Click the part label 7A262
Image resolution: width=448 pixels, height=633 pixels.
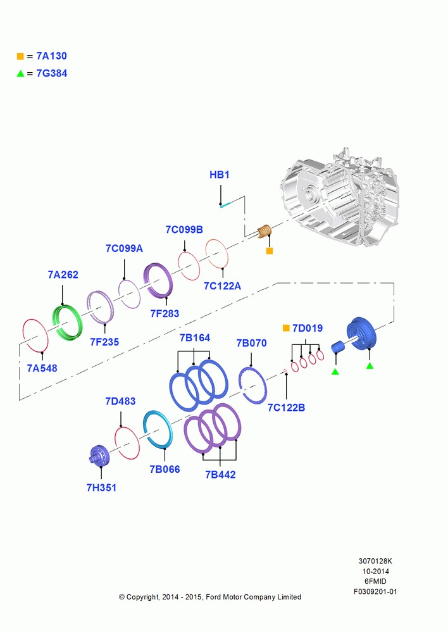click(x=63, y=275)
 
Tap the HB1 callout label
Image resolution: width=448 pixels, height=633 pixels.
click(x=220, y=175)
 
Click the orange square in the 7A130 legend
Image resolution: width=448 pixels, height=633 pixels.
click(x=20, y=56)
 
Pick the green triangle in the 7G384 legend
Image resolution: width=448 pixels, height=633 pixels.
click(x=20, y=73)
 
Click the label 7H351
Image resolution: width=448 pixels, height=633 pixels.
click(x=101, y=487)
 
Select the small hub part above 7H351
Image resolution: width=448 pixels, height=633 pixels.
click(x=99, y=456)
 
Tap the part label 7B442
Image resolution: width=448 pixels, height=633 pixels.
click(x=220, y=474)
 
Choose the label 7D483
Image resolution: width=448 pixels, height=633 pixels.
click(x=120, y=401)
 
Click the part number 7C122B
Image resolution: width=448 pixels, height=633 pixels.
click(x=286, y=408)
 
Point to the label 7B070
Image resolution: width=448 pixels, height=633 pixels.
click(x=251, y=343)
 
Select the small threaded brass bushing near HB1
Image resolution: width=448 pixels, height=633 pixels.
click(x=264, y=231)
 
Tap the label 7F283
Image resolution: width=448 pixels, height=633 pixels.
click(x=165, y=314)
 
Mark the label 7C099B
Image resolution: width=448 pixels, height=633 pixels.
click(x=184, y=230)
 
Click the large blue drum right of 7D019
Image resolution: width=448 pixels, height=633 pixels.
click(x=361, y=334)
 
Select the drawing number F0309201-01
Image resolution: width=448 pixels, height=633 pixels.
click(x=375, y=592)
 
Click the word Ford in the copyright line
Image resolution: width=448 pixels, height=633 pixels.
click(x=213, y=597)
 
